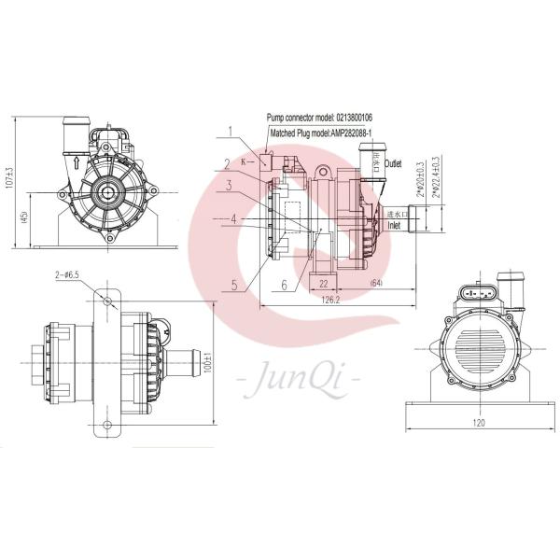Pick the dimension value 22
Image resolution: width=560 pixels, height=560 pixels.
click(x=322, y=281)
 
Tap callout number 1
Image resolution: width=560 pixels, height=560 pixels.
click(x=229, y=132)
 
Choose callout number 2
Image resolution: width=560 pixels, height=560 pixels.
click(x=225, y=163)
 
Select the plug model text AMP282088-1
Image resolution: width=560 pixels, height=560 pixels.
click(x=347, y=134)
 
